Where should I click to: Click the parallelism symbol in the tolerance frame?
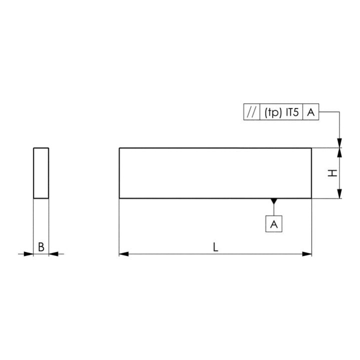(x=251, y=112)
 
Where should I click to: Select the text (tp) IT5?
(x=281, y=112)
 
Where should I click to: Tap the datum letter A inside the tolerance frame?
(x=311, y=112)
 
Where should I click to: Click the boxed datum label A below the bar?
(x=274, y=224)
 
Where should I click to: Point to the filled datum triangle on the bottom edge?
(x=274, y=201)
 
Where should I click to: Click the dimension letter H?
(x=332, y=173)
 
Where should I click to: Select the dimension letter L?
(x=215, y=247)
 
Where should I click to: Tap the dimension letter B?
(x=41, y=247)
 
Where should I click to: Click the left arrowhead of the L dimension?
(x=124, y=254)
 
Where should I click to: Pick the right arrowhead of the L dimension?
(x=307, y=254)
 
